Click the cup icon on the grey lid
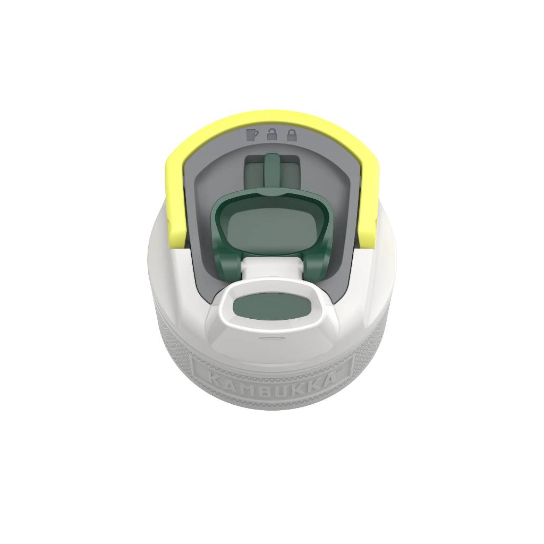pyautogui.click(x=252, y=134)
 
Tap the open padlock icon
pyautogui.click(x=272, y=134)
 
